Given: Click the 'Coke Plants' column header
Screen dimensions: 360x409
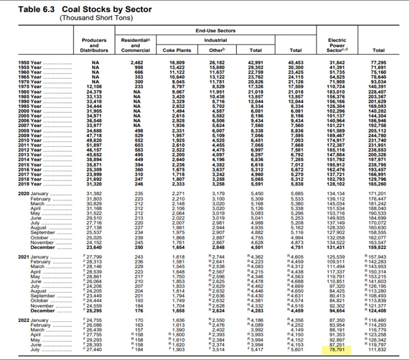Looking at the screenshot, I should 176,49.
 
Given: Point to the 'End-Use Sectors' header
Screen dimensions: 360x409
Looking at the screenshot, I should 214,30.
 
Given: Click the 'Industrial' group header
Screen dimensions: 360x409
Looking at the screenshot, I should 215,39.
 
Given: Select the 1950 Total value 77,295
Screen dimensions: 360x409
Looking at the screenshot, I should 379,63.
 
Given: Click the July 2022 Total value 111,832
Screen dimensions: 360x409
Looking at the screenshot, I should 379,349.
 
